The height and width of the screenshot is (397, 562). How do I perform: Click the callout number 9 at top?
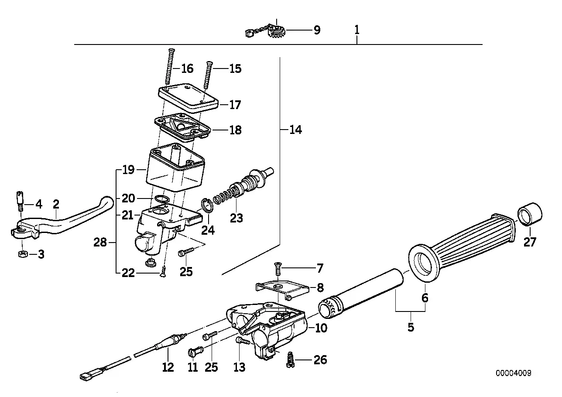click(x=317, y=30)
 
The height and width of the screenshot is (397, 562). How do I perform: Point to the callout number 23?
click(x=236, y=218)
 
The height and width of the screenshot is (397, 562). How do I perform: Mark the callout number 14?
click(x=295, y=130)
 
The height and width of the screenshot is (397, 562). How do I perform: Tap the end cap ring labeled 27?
click(x=529, y=214)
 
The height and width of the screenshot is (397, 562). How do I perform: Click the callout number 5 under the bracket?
click(x=411, y=327)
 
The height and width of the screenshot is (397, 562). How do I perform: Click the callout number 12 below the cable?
click(x=168, y=367)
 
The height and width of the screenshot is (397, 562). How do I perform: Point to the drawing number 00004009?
click(x=513, y=373)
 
